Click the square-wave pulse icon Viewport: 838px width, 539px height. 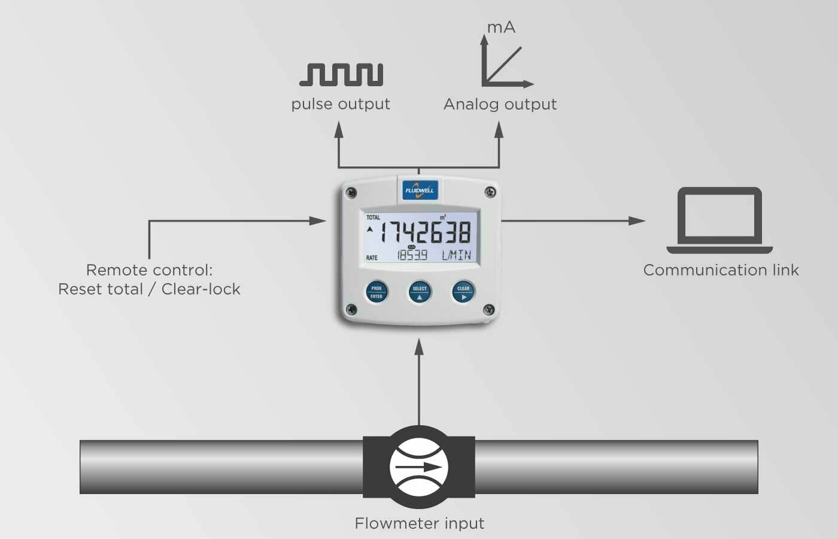[x=341, y=74]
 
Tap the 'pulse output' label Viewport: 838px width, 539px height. [x=341, y=104]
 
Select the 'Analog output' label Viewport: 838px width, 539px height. [x=500, y=104]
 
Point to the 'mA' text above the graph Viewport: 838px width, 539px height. [x=501, y=28]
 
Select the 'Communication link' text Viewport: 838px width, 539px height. [x=721, y=270]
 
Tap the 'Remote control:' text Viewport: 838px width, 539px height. [x=149, y=270]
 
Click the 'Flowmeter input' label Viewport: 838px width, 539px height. [x=419, y=523]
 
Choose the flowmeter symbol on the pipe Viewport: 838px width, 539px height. [x=419, y=467]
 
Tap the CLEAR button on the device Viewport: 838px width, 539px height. [x=463, y=292]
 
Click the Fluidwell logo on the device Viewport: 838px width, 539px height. [x=420, y=190]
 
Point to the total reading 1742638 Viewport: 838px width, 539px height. [x=426, y=232]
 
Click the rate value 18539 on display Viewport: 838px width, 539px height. [x=412, y=256]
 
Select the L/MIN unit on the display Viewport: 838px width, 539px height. [x=456, y=256]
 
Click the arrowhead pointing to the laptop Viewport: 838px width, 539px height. [x=637, y=220]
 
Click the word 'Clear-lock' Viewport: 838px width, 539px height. [x=201, y=289]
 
